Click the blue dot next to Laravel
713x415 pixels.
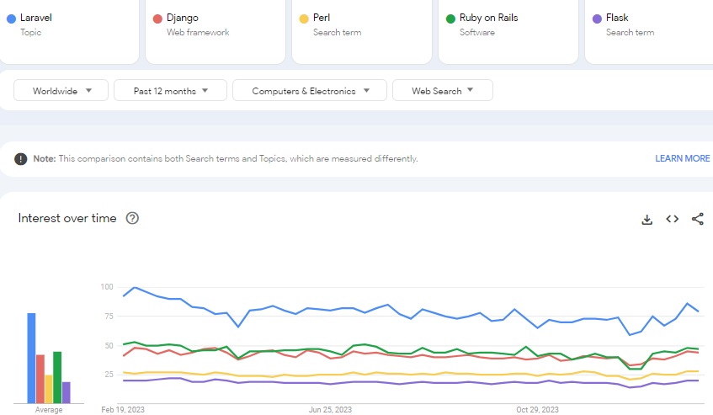pos(11,19)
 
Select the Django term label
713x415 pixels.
pos(182,18)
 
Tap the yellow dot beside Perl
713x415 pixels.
pos(304,19)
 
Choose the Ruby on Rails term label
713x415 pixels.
pos(488,18)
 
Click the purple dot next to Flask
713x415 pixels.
pos(597,19)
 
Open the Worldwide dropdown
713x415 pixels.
pos(61,91)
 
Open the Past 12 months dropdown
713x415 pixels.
pos(170,91)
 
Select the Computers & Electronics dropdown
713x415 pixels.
pos(309,91)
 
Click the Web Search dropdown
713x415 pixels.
pos(442,91)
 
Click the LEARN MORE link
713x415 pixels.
pos(682,158)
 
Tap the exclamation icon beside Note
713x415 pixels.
pos(20,158)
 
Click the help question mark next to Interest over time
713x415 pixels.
pos(132,218)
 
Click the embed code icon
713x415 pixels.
pos(672,219)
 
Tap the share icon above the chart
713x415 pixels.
pos(697,219)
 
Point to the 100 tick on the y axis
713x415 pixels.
pos(106,287)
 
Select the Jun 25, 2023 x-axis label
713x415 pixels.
pos(328,410)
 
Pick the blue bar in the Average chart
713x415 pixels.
pos(31,358)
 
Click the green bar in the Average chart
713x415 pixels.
pos(57,377)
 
